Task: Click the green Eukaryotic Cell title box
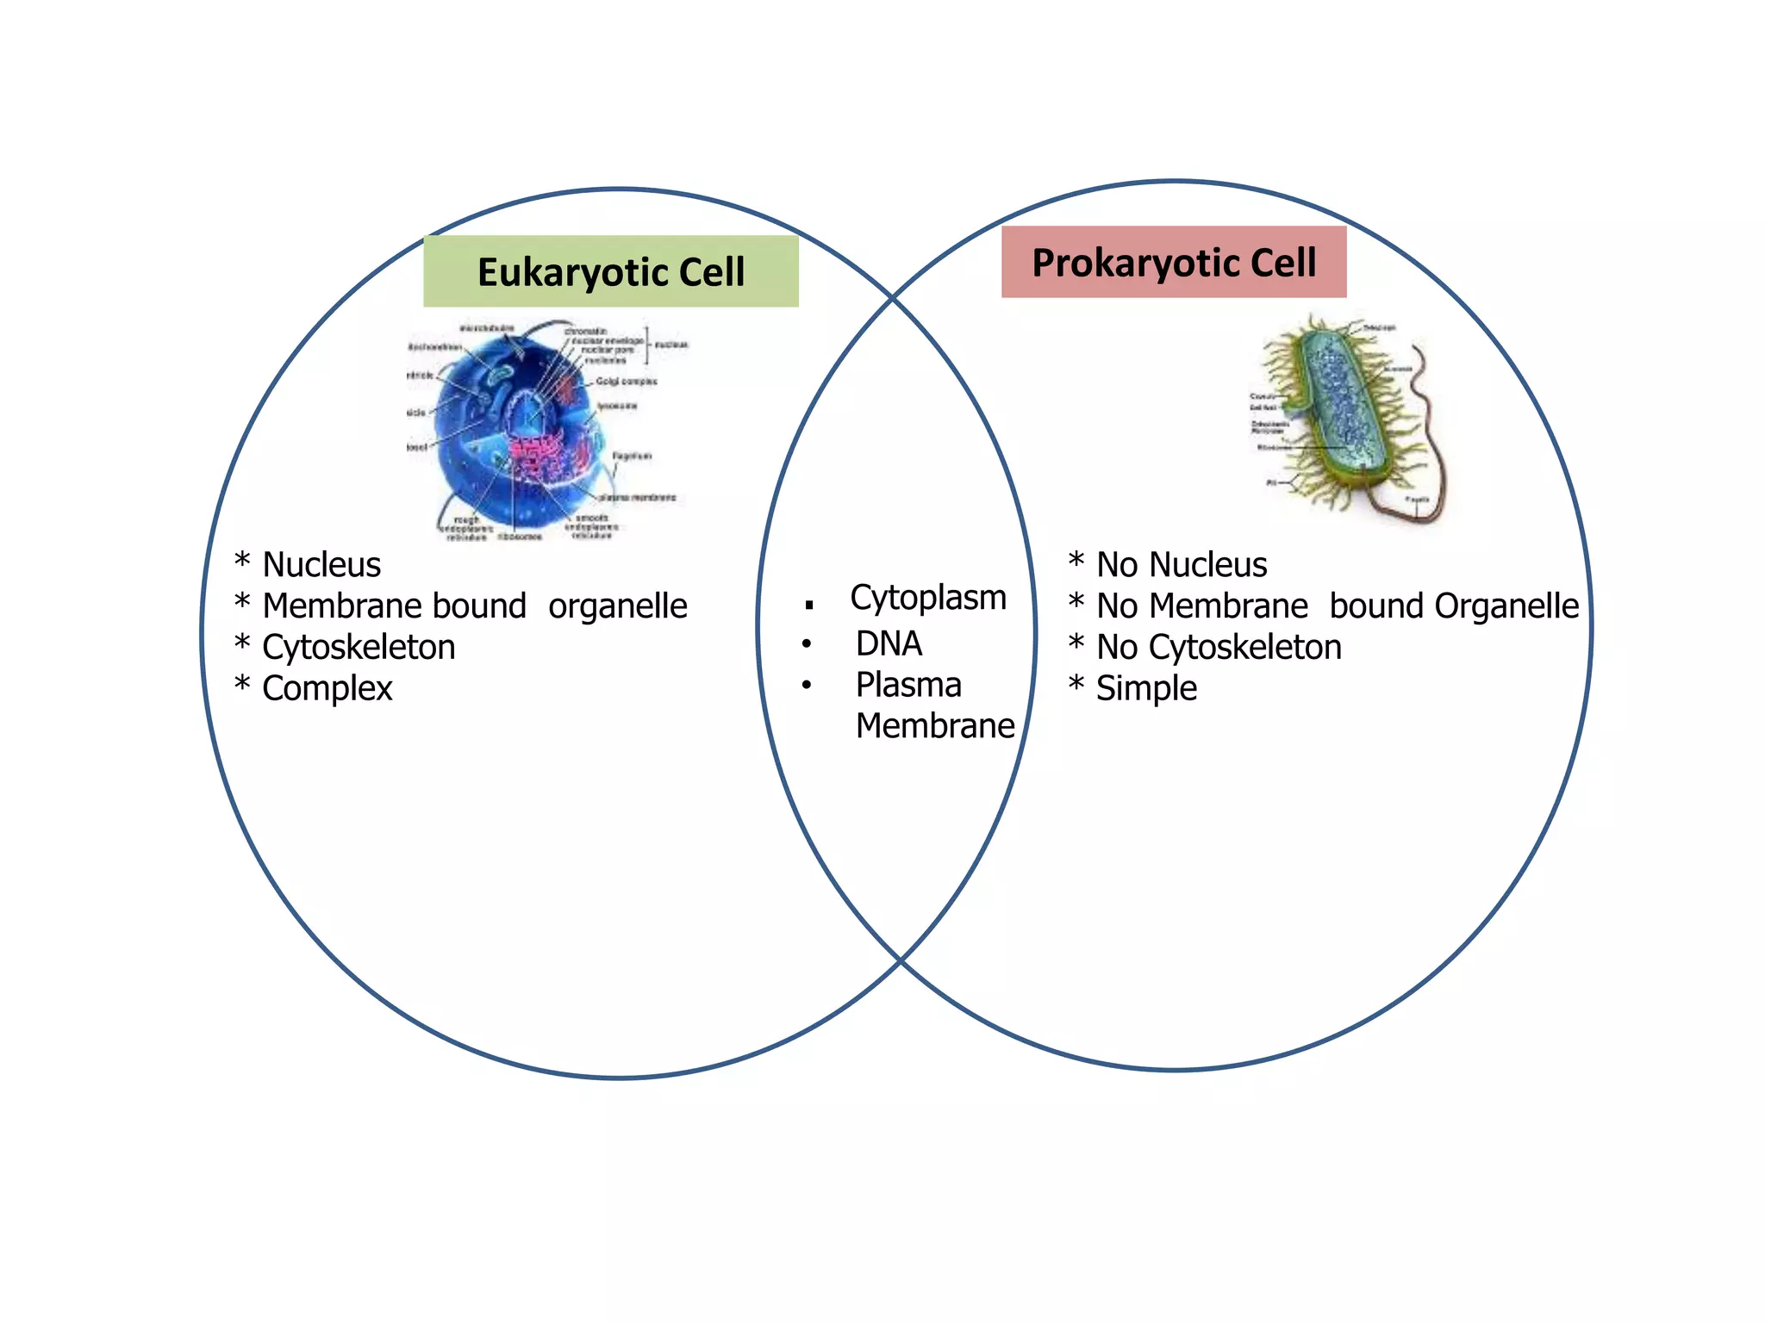pyautogui.click(x=610, y=271)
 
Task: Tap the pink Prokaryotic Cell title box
pyautogui.click(x=1173, y=262)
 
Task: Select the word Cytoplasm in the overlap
pyautogui.click(x=928, y=598)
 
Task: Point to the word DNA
pyautogui.click(x=889, y=643)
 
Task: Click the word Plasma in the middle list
pyautogui.click(x=908, y=685)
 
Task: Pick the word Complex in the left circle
pyautogui.click(x=327, y=688)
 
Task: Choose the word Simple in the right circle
pyautogui.click(x=1146, y=688)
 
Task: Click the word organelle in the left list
pyautogui.click(x=618, y=606)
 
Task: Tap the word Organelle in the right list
pyautogui.click(x=1506, y=606)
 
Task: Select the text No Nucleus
pyautogui.click(x=1182, y=565)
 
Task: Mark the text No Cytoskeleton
pyautogui.click(x=1219, y=647)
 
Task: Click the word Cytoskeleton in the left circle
pyautogui.click(x=359, y=647)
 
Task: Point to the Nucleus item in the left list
pyautogui.click(x=321, y=565)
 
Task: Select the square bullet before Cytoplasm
pyautogui.click(x=809, y=606)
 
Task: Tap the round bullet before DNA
pyautogui.click(x=807, y=644)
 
